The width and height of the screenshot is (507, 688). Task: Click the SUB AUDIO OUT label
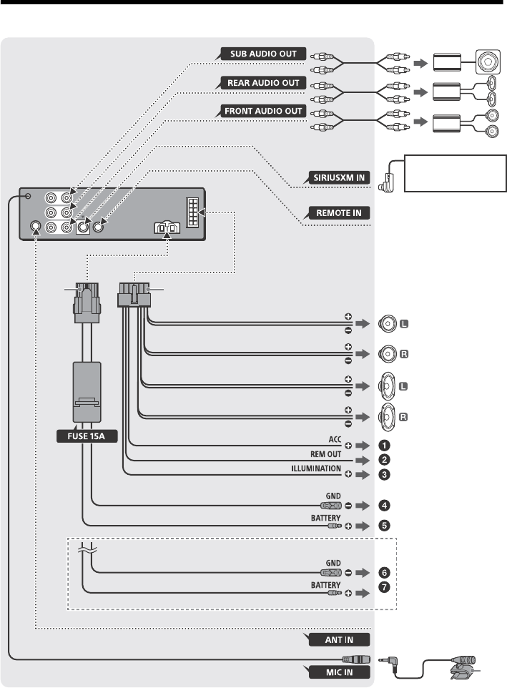(263, 54)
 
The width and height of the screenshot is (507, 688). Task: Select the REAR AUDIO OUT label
(263, 83)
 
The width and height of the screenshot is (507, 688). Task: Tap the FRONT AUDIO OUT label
(263, 111)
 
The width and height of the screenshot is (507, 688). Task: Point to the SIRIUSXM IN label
(339, 177)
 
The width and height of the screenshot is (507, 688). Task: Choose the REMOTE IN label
(339, 213)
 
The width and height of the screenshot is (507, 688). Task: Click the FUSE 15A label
(87, 436)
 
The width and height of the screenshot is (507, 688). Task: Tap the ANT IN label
(339, 640)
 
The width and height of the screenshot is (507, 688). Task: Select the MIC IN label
(339, 672)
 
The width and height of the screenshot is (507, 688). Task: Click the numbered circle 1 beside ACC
(384, 446)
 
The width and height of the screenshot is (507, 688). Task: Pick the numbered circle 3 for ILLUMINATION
(384, 474)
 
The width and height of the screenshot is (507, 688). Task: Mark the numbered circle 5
(384, 525)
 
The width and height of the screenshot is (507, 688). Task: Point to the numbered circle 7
(384, 587)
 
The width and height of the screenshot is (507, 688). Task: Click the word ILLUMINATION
(316, 468)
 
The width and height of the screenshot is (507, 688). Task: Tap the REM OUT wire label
(325, 454)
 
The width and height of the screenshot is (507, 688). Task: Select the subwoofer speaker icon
(488, 62)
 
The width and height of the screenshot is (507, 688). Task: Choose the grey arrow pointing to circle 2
(363, 461)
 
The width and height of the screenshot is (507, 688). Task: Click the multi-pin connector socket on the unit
(192, 212)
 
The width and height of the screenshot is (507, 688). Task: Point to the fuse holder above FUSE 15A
(87, 391)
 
